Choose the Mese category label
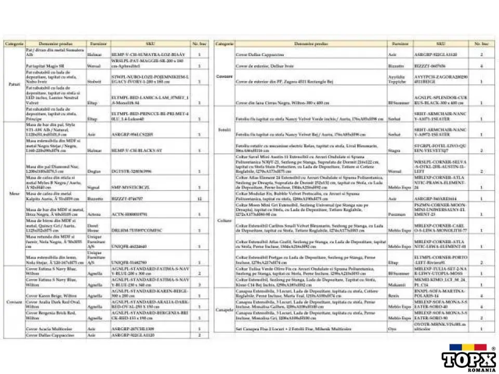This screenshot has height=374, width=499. tap(14, 193)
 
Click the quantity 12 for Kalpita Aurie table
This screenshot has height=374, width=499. tap(200, 198)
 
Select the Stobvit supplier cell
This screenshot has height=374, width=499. tap(95, 82)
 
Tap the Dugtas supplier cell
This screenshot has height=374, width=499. tap(94, 171)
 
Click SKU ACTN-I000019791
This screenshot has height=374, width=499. tap(130, 214)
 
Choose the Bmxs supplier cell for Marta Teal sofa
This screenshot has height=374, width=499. tap(396, 296)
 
